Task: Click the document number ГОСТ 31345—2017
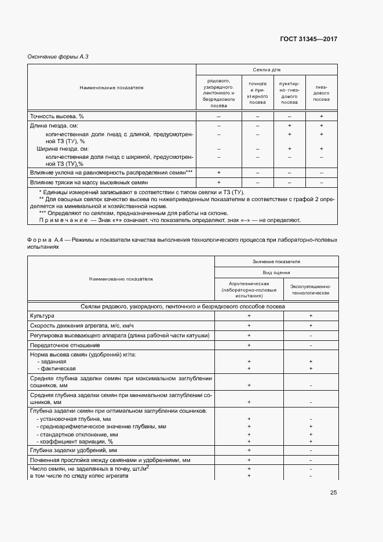point(308,39)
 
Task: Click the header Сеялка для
point(266,69)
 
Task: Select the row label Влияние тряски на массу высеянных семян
point(89,182)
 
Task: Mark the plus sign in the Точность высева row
point(321,117)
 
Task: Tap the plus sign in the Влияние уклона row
point(219,173)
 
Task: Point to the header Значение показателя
point(276,261)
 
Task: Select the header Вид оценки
point(276,272)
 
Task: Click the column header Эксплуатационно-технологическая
point(311,290)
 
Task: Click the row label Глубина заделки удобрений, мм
point(73,450)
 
